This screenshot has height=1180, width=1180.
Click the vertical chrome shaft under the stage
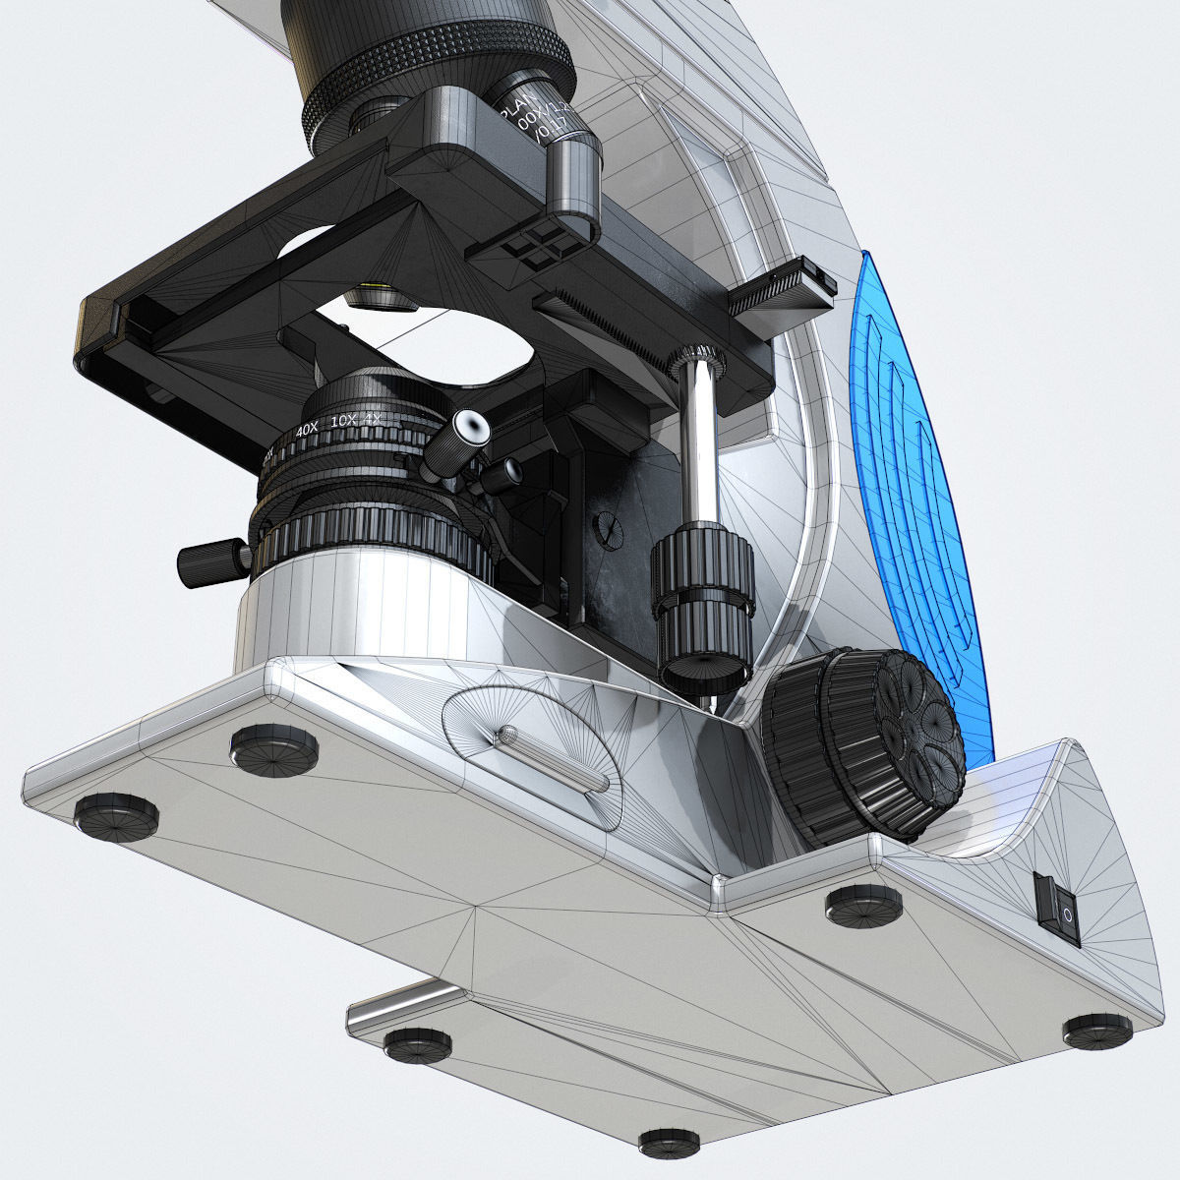pyautogui.click(x=702, y=442)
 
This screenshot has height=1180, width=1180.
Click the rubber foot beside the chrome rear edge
pyautogui.click(x=418, y=1042)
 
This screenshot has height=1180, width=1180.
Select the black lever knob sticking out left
pyautogui.click(x=211, y=560)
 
